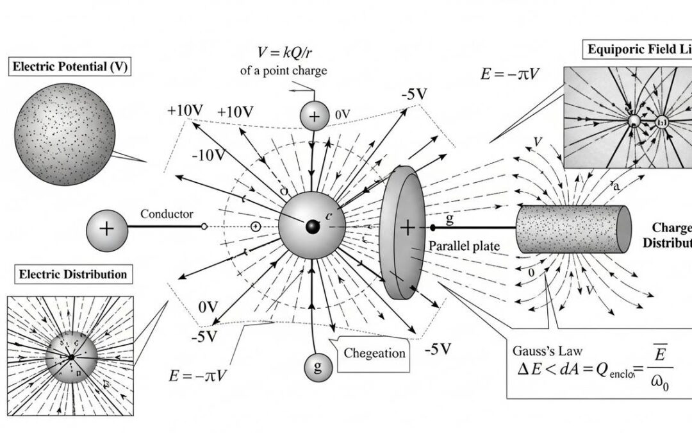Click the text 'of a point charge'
283,71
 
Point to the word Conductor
167,214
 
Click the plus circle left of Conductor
106,228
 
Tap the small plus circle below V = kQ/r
314,116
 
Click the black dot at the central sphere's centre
313,227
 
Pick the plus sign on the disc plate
408,227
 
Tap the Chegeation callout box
375,353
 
